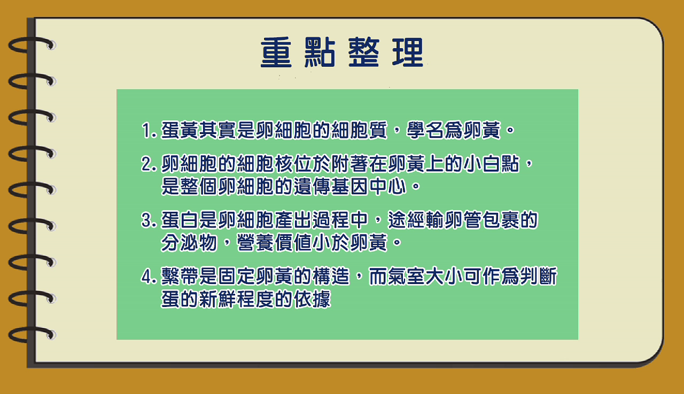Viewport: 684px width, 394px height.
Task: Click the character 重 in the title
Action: click(276, 52)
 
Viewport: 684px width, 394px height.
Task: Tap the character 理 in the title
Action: click(408, 52)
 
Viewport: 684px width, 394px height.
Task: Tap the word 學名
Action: click(425, 130)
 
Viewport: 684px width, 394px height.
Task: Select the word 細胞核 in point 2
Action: click(266, 164)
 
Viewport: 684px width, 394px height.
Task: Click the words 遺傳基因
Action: click(331, 186)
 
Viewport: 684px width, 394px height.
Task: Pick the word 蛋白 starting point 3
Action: click(180, 220)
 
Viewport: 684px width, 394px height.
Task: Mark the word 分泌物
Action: click(189, 243)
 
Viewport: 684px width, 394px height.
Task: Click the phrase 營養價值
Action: click(275, 243)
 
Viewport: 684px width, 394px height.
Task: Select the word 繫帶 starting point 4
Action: click(180, 277)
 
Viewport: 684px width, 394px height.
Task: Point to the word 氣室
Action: click(407, 277)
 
